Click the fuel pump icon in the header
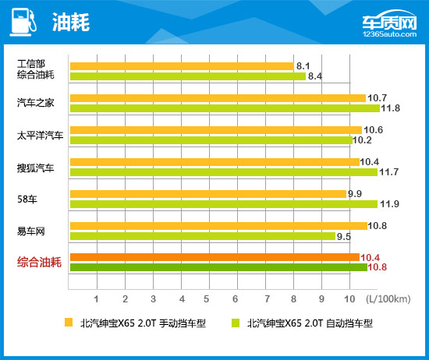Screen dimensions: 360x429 (x=23, y=23)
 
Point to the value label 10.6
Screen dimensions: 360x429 (x=373, y=129)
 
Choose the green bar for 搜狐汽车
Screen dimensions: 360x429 (x=223, y=171)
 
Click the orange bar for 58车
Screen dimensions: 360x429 (x=207, y=193)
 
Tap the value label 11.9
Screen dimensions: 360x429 (x=390, y=204)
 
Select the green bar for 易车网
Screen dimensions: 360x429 (x=202, y=236)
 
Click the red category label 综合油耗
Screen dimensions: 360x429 (x=39, y=263)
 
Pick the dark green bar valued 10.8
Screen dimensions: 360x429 (x=218, y=267)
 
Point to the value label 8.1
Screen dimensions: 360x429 (x=304, y=66)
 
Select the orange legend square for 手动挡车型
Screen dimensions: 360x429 (x=69, y=323)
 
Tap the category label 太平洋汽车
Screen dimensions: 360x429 (x=36, y=135)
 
